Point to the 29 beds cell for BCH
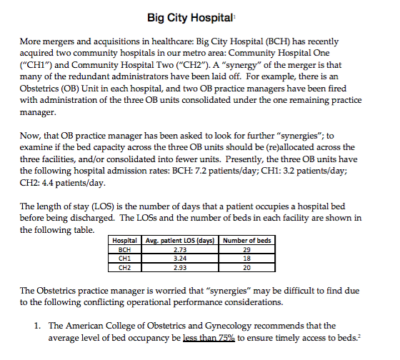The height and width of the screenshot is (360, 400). coord(247,250)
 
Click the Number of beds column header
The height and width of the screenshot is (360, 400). coord(247,241)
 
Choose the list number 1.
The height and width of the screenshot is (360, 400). coord(38,326)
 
